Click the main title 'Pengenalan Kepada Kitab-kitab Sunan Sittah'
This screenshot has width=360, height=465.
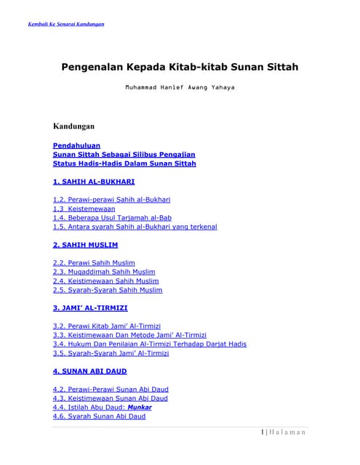pyautogui.click(x=179, y=67)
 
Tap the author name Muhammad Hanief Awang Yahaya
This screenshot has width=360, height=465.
pyautogui.click(x=179, y=87)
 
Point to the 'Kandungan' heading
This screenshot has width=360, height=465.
pyautogui.click(x=73, y=126)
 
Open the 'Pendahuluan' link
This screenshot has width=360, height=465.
pyautogui.click(x=76, y=145)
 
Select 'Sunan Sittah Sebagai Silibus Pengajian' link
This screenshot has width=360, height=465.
pyautogui.click(x=124, y=154)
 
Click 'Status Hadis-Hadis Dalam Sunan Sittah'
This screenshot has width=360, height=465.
pyautogui.click(x=124, y=163)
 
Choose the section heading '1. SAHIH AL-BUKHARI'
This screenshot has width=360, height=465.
pyautogui.click(x=93, y=182)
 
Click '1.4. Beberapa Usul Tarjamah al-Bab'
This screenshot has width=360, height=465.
pyautogui.click(x=112, y=217)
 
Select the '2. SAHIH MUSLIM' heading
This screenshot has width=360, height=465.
pyautogui.click(x=85, y=245)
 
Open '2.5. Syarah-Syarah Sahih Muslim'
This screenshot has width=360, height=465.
pyautogui.click(x=108, y=290)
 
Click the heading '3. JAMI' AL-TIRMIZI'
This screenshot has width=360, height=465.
pyautogui.click(x=90, y=308)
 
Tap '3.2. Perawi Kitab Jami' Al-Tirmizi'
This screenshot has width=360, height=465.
pyautogui.click(x=107, y=326)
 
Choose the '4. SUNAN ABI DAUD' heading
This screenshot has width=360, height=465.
pyautogui.click(x=90, y=371)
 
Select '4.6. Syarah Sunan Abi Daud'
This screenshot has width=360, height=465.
pyautogui.click(x=99, y=416)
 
